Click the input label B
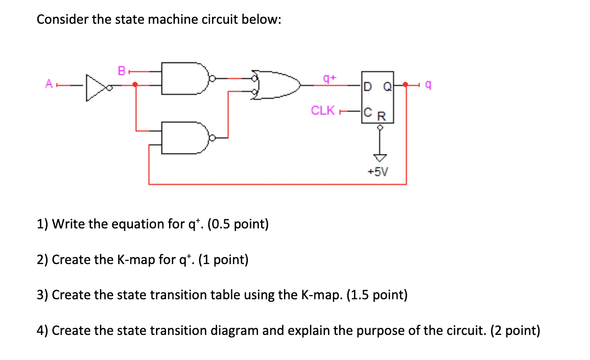point(121,70)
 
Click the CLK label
point(323,110)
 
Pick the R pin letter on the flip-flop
point(382,117)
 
